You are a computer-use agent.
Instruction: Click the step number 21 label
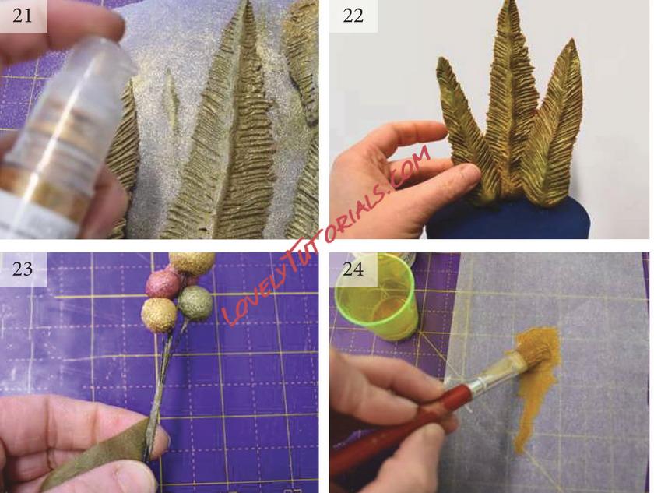point(22,16)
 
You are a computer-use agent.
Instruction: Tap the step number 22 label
point(353,16)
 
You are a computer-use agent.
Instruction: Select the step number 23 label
point(22,269)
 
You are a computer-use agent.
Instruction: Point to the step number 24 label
point(353,269)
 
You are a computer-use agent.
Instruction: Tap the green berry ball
point(195,303)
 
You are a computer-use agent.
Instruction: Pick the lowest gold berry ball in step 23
point(159,315)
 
